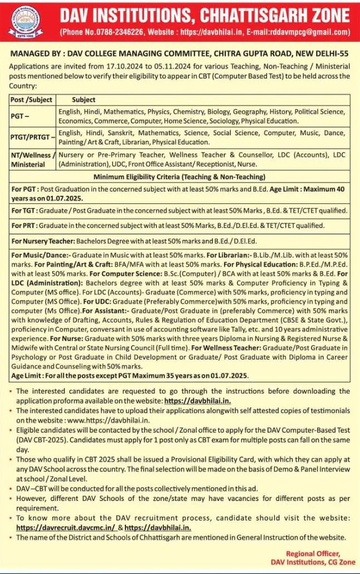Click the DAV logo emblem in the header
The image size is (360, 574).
27,21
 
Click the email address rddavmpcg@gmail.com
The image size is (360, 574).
315,32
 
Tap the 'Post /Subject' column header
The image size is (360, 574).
31,100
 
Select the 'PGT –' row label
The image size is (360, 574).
21,116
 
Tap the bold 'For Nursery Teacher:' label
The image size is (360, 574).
43,241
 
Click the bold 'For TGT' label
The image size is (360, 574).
23,211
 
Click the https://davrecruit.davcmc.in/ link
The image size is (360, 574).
65,527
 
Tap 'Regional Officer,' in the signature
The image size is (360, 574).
313,553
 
